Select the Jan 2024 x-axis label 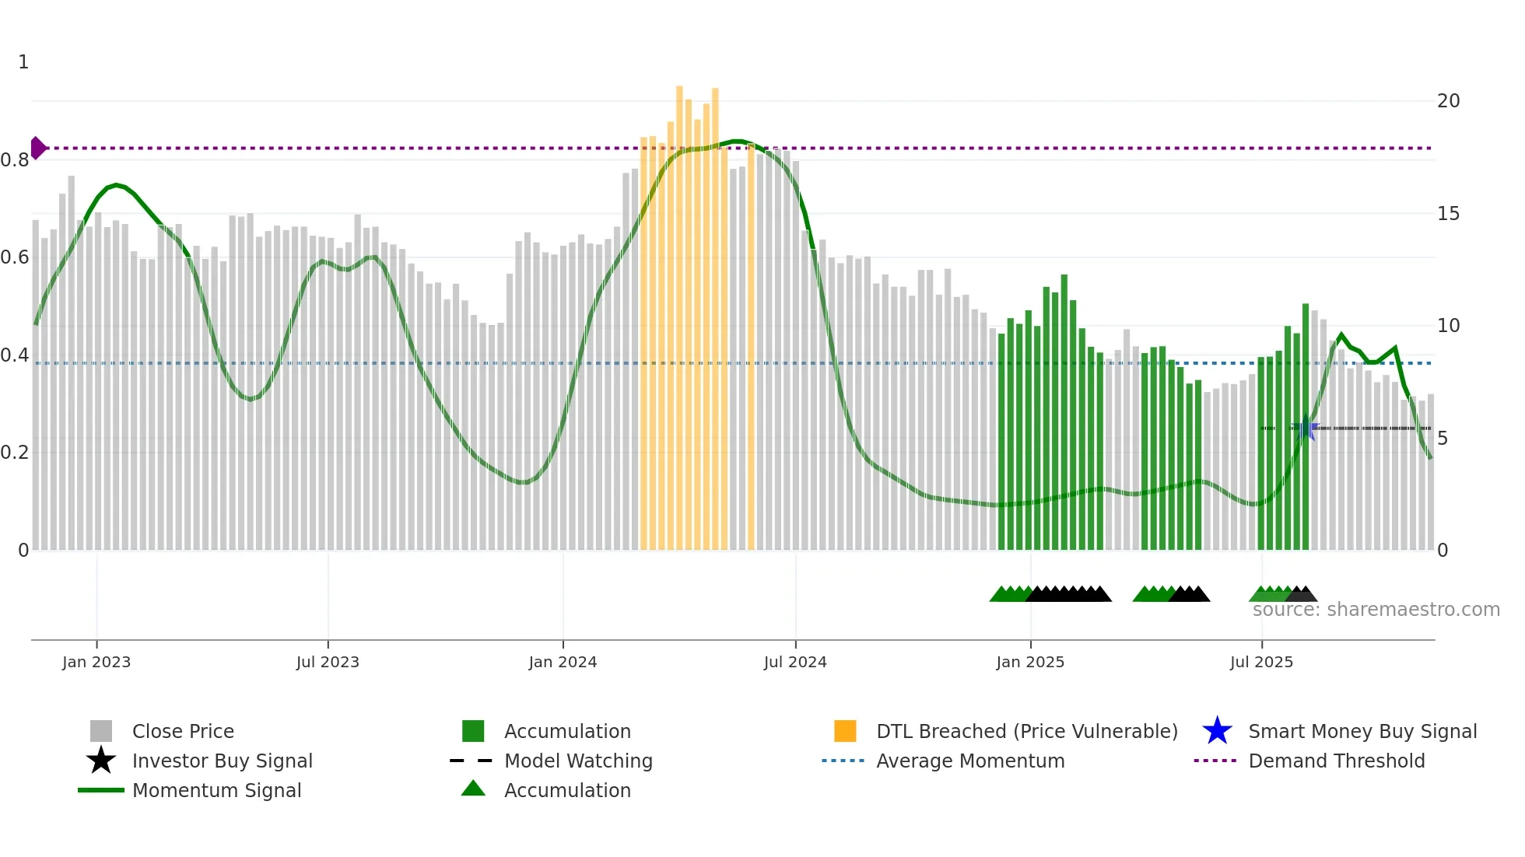[563, 663]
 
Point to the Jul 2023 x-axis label [328, 663]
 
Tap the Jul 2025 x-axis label [1261, 663]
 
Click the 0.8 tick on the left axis [16, 160]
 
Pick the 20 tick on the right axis [1448, 101]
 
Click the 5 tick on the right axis [1443, 439]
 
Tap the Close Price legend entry [183, 732]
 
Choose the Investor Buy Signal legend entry [222, 761]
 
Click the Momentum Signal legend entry [216, 791]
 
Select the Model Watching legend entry [578, 761]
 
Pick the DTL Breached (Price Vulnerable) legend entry [1026, 732]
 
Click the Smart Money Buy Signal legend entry [1362, 732]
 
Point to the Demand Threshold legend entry [1336, 761]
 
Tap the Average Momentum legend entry [969, 761]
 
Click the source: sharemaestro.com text [1376, 610]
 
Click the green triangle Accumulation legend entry [566, 791]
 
